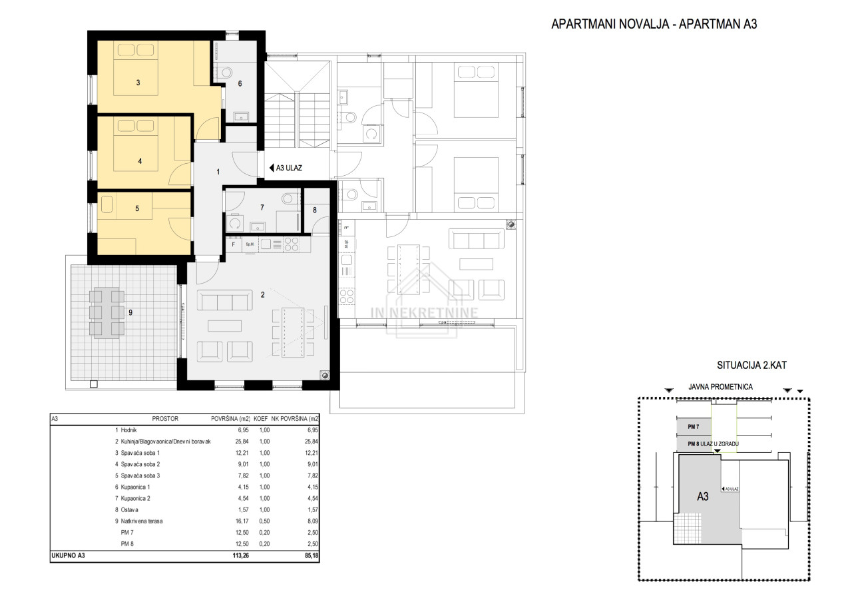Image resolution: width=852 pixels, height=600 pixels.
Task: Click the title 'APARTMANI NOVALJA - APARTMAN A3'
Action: point(654,24)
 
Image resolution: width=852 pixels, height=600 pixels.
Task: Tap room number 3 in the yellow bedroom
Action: point(138,83)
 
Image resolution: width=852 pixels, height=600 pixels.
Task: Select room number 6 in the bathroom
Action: point(240,84)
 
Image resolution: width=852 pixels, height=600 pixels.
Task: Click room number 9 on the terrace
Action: point(130,313)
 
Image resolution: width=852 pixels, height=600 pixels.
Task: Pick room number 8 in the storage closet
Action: point(315,210)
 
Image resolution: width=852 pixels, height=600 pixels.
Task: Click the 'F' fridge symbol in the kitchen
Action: point(234,244)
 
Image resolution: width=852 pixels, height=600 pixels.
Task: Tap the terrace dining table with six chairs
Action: point(107,313)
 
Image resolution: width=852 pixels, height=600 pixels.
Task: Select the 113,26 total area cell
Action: point(241,555)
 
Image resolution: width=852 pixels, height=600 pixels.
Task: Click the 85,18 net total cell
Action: point(311,555)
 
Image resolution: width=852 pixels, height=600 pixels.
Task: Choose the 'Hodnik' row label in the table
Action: point(128,430)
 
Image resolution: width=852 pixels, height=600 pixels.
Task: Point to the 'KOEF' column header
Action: point(260,419)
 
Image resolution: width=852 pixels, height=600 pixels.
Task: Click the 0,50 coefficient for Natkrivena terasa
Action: point(264,521)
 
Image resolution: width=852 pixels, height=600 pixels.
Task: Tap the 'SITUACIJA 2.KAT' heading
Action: point(752,365)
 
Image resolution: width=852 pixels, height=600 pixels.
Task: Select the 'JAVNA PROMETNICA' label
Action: point(720,387)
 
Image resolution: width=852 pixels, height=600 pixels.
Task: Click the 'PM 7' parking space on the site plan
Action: point(694,427)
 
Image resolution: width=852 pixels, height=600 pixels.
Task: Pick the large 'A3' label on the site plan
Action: point(702,497)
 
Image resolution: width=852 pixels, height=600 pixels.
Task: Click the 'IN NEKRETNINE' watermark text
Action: point(424,313)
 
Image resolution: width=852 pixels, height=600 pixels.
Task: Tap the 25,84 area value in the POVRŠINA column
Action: point(242,442)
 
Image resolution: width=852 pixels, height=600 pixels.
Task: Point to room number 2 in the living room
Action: point(262,295)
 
